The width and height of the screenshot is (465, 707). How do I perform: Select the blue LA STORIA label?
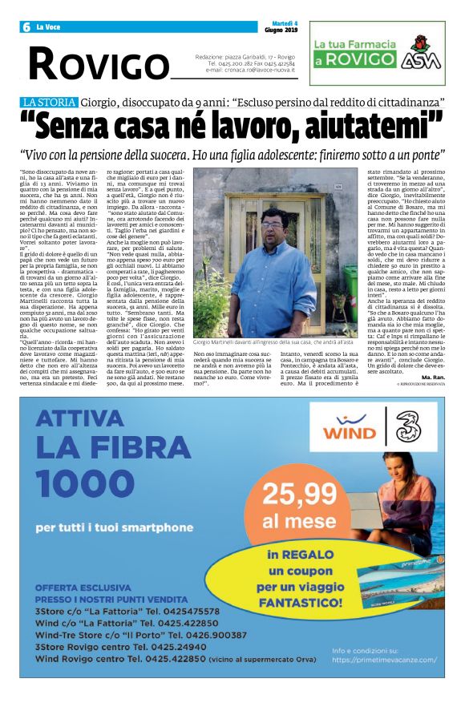click(x=49, y=103)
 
